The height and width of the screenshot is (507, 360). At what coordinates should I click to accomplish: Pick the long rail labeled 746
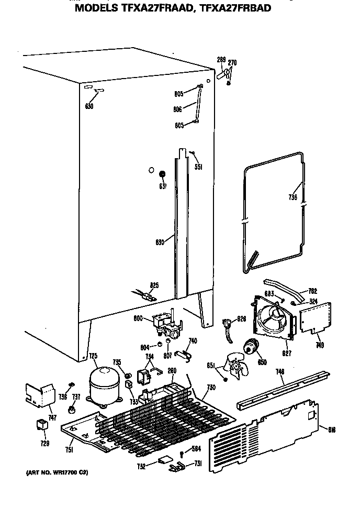283,390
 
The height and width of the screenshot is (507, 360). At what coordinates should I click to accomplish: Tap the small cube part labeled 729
40,425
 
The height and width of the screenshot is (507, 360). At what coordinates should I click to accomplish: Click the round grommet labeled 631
162,174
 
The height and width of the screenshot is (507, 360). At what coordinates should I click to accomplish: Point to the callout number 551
198,167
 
